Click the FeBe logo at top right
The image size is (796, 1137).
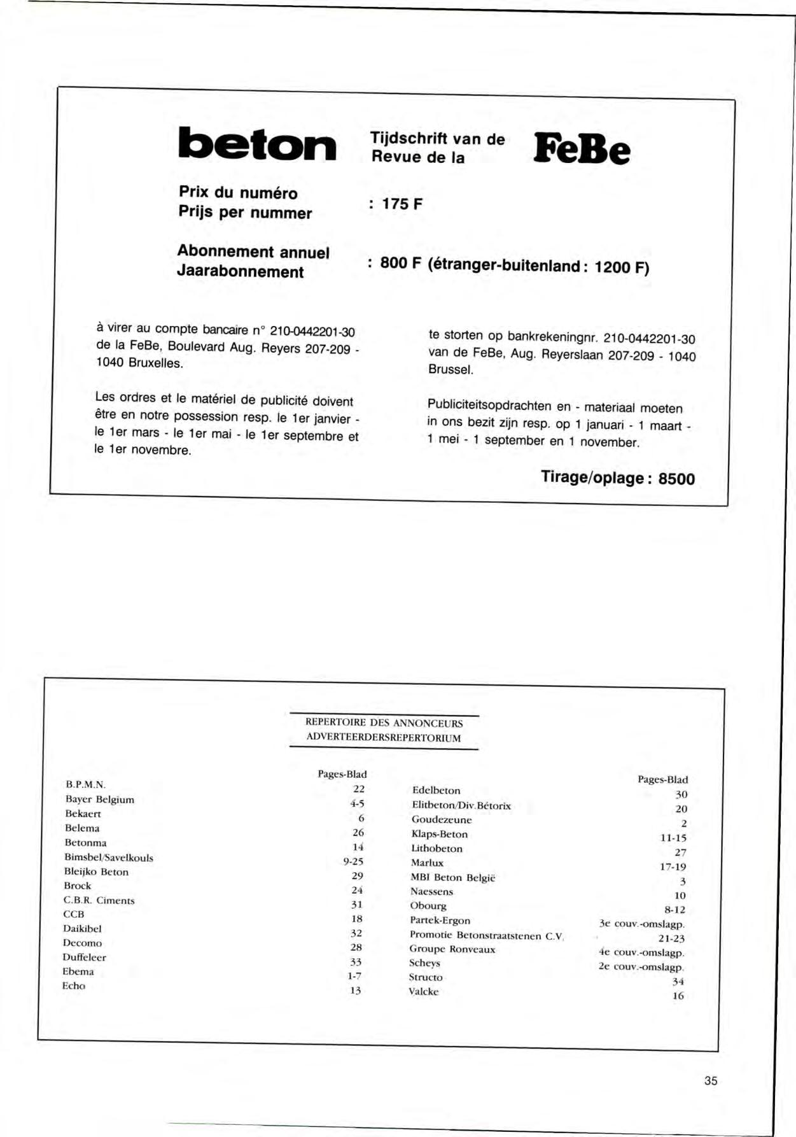coord(582,149)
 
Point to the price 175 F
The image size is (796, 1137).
coord(401,204)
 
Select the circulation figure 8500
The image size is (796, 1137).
coord(676,479)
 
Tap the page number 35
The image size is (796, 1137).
coord(711,1080)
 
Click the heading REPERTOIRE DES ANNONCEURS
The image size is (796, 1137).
coord(384,723)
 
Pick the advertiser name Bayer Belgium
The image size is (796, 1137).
coord(100,800)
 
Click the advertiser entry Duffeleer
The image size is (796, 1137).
coord(84,957)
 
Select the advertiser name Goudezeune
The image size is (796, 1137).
coord(442,820)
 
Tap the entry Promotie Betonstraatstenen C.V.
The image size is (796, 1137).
coord(487,935)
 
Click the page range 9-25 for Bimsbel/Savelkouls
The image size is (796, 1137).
coord(353,861)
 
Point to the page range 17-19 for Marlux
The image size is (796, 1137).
coord(673,866)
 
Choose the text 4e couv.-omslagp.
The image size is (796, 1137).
coord(641,953)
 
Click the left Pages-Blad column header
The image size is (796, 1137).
coord(342,774)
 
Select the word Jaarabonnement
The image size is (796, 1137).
coord(241,272)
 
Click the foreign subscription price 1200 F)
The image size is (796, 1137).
coord(622,267)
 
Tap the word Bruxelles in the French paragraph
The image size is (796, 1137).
coord(155,364)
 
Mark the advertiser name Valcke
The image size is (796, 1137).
coord(423,991)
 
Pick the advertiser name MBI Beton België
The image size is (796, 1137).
coord(453,877)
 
